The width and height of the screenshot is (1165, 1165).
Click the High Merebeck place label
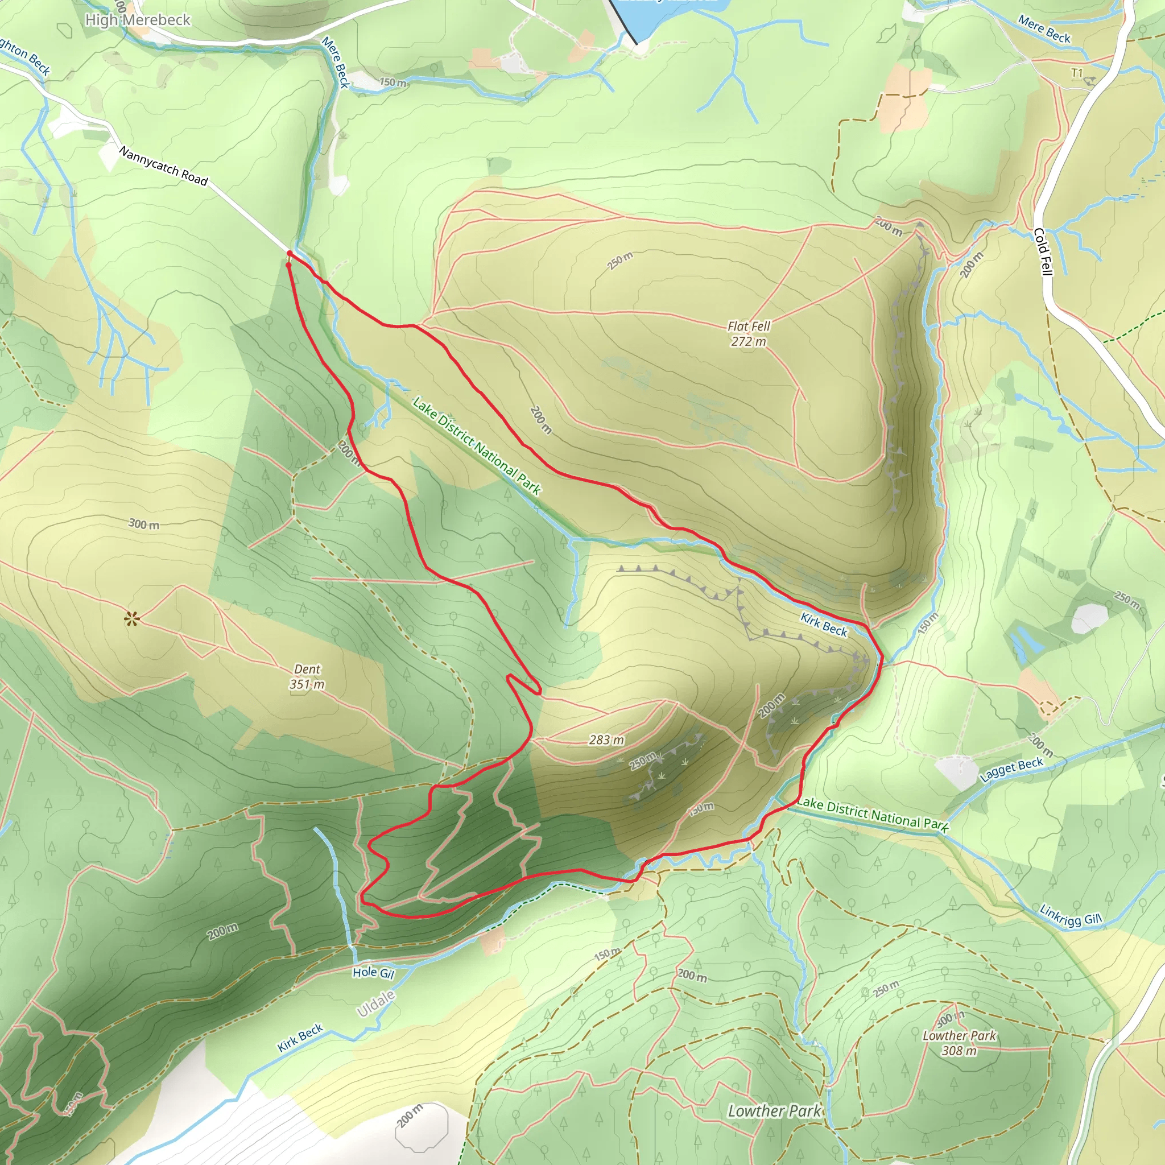(138, 20)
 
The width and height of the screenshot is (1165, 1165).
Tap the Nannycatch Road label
(163, 166)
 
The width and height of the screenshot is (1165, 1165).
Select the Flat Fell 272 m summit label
(749, 333)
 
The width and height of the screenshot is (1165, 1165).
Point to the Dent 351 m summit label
(307, 676)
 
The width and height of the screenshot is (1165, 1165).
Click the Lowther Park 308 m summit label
(959, 1043)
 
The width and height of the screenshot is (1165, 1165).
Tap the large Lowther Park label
(774, 1111)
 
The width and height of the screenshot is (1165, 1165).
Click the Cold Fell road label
(1043, 251)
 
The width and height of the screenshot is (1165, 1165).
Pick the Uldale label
(375, 1003)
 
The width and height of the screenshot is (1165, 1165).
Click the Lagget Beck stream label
(1011, 770)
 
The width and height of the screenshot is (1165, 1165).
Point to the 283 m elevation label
(606, 740)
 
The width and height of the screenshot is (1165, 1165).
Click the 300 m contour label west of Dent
(144, 524)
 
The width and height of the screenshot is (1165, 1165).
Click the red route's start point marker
(290, 254)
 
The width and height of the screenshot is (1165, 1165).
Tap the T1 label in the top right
(1077, 73)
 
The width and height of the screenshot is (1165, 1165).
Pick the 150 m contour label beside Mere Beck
(393, 82)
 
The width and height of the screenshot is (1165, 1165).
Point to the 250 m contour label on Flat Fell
(620, 261)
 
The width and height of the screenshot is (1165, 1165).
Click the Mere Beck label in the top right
(1044, 29)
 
